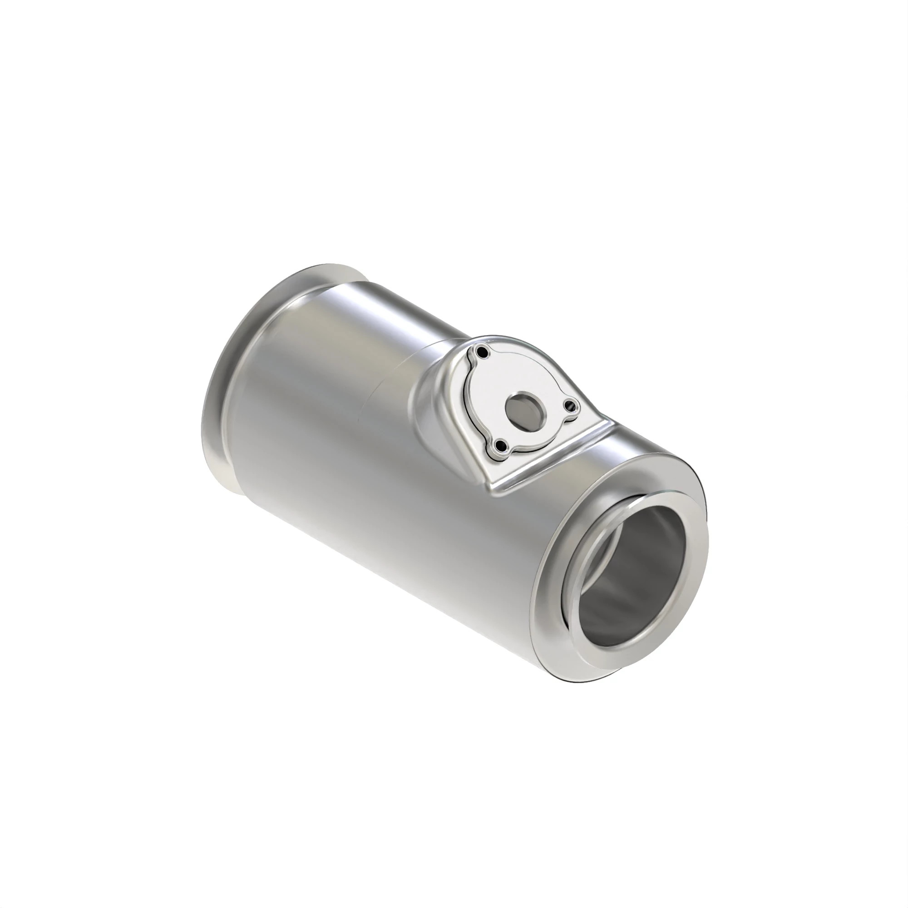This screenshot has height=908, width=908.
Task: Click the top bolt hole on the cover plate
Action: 481,352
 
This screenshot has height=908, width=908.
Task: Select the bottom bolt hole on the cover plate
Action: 502,445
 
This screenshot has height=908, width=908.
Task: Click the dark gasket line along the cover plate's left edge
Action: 465,400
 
